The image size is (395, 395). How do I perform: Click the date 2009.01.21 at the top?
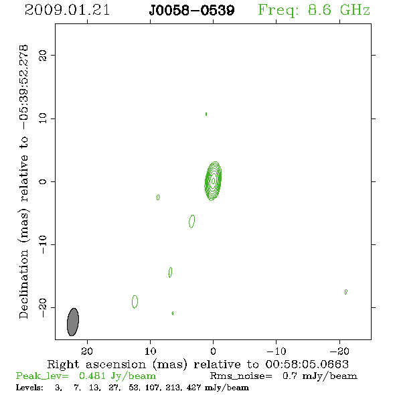[x=67, y=10]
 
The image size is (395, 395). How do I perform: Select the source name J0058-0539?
[x=191, y=11]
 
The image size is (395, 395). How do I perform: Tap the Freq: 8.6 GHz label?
[x=314, y=11]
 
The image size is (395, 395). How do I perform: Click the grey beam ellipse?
[x=73, y=322]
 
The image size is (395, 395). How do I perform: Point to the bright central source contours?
[x=213, y=181]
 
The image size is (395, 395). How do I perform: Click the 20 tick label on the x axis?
[x=87, y=351]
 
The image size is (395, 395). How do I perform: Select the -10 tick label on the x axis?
[x=276, y=351]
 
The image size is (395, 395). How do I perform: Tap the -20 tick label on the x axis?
[x=339, y=351]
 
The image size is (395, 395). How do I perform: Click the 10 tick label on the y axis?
[x=43, y=118]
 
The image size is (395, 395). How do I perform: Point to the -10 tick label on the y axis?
[x=43, y=244]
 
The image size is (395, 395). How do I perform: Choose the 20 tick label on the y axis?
[x=43, y=56]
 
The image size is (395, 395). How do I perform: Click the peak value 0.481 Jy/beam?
[x=117, y=376]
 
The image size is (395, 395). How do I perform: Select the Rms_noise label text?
[x=241, y=376]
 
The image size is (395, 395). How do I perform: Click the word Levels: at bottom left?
[x=29, y=387]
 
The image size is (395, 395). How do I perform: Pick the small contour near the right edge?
[x=346, y=292]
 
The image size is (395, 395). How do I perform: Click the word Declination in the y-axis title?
[x=23, y=284]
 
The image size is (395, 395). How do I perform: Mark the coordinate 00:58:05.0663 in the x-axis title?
[x=307, y=364]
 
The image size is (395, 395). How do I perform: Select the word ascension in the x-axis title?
[x=116, y=364]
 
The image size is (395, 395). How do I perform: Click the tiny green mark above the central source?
[x=206, y=114]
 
